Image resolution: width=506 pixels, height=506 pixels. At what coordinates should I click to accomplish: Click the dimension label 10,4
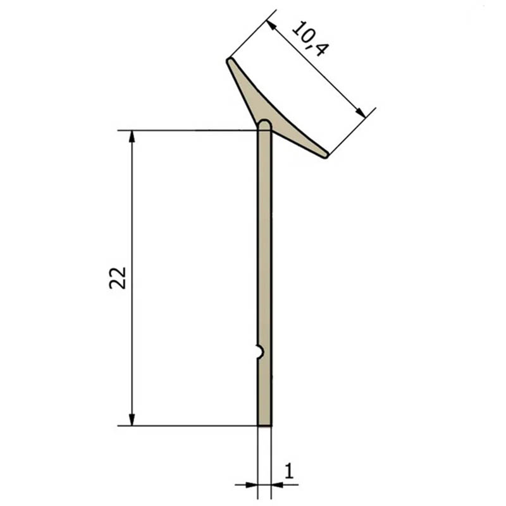pos(311,39)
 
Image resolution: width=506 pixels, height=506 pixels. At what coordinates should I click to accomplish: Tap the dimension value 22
pos(118,278)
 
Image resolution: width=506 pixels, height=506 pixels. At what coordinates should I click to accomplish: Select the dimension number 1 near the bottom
pos(289,471)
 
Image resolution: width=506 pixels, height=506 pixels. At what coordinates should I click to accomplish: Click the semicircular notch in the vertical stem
pos(261,352)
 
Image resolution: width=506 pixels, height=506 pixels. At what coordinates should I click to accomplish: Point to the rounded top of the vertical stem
pos(264,123)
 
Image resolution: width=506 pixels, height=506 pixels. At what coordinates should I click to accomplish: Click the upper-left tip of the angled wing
pos(229,60)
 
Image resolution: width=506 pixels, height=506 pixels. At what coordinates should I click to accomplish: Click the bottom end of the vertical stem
pos(264,425)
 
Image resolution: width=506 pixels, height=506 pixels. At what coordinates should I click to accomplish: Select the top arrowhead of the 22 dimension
pos(132,136)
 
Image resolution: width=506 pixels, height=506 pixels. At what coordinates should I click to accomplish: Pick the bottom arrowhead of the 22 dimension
pos(132,419)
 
